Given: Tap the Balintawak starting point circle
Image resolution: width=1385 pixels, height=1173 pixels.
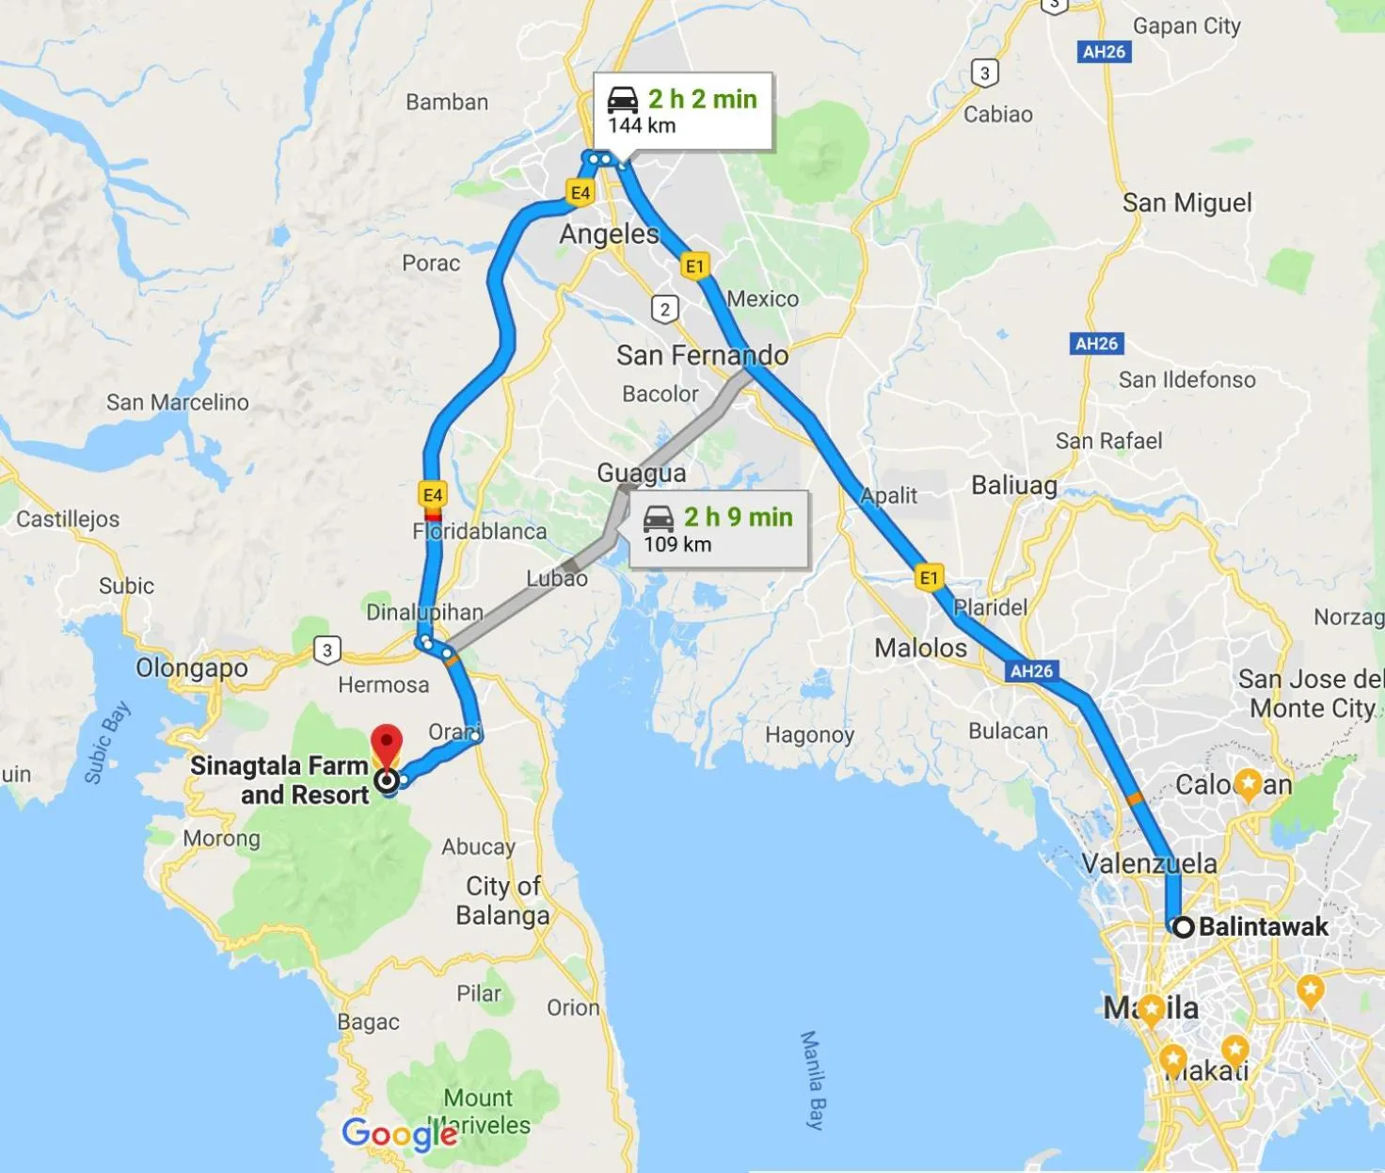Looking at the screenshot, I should [1183, 926].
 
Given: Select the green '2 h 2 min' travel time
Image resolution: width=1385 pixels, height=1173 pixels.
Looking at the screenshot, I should [702, 99].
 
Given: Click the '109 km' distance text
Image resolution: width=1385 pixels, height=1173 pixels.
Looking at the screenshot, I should [677, 544].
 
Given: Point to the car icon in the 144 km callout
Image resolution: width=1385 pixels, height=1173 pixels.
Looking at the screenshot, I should [623, 100].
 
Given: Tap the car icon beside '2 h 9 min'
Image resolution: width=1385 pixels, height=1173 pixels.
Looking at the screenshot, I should [659, 518].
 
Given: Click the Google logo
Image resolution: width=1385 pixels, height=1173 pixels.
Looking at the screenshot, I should [399, 1134].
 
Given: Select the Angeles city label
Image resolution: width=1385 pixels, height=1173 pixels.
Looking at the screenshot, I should [609, 233].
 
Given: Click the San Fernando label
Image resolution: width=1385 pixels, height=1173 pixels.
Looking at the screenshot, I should [702, 355].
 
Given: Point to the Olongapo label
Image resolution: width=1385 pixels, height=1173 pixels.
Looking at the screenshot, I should [192, 667].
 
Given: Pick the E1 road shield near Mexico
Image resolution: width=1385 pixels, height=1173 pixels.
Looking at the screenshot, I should [694, 266].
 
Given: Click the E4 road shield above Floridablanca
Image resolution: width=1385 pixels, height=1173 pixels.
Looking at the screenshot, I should [433, 495].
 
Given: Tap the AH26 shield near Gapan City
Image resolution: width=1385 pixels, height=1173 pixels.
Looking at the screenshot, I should [1104, 52].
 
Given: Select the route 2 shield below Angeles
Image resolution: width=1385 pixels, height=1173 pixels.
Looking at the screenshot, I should [665, 309].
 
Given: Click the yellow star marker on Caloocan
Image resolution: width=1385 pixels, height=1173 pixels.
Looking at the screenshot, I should [1248, 783].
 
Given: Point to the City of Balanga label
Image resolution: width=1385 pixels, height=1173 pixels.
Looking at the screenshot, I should [502, 900].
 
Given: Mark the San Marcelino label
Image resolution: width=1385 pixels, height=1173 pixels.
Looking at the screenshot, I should [177, 402].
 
